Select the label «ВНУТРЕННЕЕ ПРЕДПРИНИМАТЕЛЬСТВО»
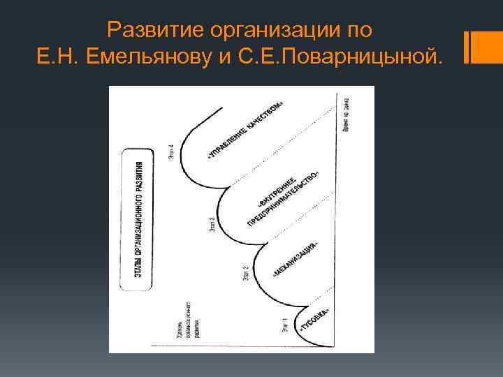(x=282, y=200)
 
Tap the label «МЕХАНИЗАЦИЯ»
(x=296, y=260)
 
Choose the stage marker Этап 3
(x=211, y=225)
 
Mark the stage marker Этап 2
(x=245, y=274)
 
